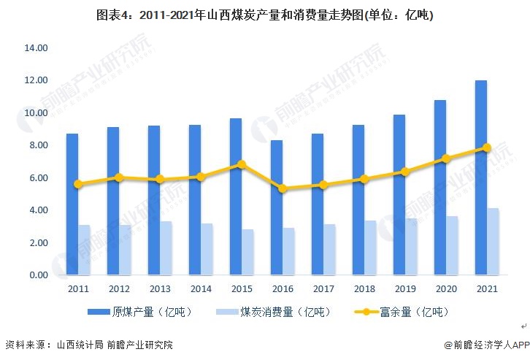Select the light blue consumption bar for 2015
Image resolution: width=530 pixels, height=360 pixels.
pyautogui.click(x=248, y=253)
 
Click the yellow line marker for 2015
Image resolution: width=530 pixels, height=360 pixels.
pyautogui.click(x=242, y=165)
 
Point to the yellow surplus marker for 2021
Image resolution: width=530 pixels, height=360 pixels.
pyautogui.click(x=487, y=148)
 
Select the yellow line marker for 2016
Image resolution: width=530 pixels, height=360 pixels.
pyautogui.click(x=283, y=188)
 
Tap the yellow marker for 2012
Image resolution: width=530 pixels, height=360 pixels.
pyautogui.click(x=119, y=177)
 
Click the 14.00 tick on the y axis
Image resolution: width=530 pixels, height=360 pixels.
pyautogui.click(x=36, y=48)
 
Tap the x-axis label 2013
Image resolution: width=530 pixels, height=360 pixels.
pyautogui.click(x=160, y=289)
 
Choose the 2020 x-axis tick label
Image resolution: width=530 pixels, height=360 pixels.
pyautogui.click(x=446, y=289)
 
